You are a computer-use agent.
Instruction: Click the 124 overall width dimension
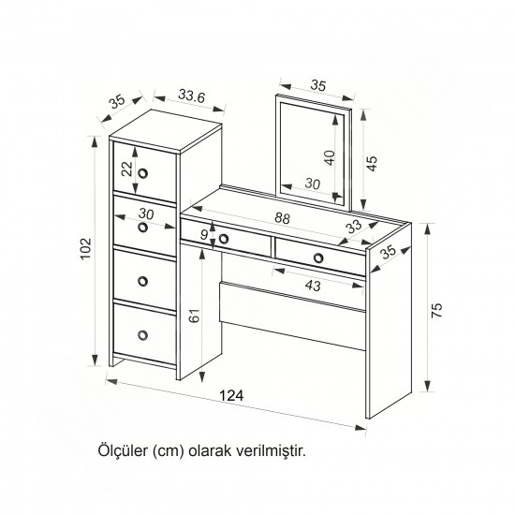231,395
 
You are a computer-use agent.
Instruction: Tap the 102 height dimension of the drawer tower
86,249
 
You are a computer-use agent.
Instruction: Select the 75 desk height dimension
437,310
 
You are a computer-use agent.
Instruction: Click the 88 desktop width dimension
283,218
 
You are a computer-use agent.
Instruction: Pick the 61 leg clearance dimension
195,316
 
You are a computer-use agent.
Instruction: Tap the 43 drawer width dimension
313,286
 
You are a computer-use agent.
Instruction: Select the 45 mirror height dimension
372,163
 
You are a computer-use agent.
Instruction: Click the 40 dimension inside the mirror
330,157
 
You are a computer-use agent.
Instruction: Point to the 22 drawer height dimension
126,169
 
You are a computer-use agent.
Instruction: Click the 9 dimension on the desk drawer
204,234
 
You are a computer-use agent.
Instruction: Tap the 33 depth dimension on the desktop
354,227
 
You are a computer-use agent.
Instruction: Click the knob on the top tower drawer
143,173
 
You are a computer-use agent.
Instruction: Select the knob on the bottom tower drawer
143,335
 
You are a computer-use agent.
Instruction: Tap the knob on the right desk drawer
318,258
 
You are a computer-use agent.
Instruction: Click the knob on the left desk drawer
224,239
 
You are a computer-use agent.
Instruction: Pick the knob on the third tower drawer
143,281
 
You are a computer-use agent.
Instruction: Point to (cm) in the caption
168,451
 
